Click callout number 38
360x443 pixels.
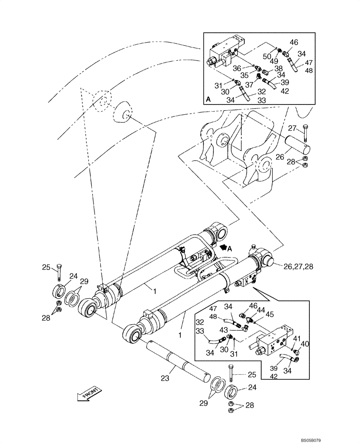click(278, 69)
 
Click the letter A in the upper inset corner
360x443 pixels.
click(208, 100)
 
